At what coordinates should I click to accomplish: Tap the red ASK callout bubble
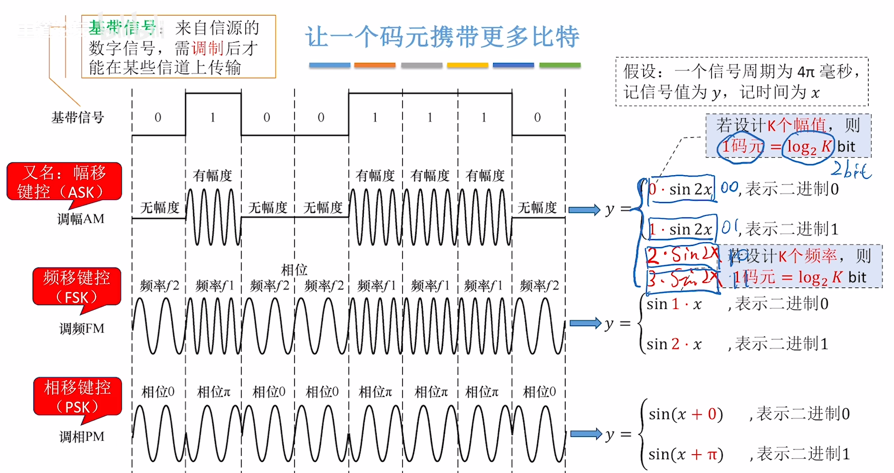click(64, 182)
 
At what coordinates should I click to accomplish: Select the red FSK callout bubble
click(77, 287)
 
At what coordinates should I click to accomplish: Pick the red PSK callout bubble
click(78, 397)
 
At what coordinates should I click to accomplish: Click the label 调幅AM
click(81, 219)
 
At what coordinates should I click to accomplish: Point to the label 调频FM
click(82, 329)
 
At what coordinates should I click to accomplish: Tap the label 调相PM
click(82, 436)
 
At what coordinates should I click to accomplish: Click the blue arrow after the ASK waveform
click(584, 210)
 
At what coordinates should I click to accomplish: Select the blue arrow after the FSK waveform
click(585, 323)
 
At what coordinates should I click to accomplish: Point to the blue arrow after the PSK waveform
click(586, 434)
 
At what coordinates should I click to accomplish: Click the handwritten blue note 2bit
click(850, 170)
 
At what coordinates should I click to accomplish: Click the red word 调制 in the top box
click(208, 48)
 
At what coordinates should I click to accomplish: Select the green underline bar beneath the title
click(560, 65)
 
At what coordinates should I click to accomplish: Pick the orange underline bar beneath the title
click(374, 65)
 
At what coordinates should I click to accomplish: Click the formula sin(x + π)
click(686, 454)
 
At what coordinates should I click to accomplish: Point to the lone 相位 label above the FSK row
click(294, 270)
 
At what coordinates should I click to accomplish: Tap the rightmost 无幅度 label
click(537, 208)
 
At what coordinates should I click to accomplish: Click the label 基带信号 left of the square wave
click(78, 117)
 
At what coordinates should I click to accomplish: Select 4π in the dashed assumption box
click(805, 72)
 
